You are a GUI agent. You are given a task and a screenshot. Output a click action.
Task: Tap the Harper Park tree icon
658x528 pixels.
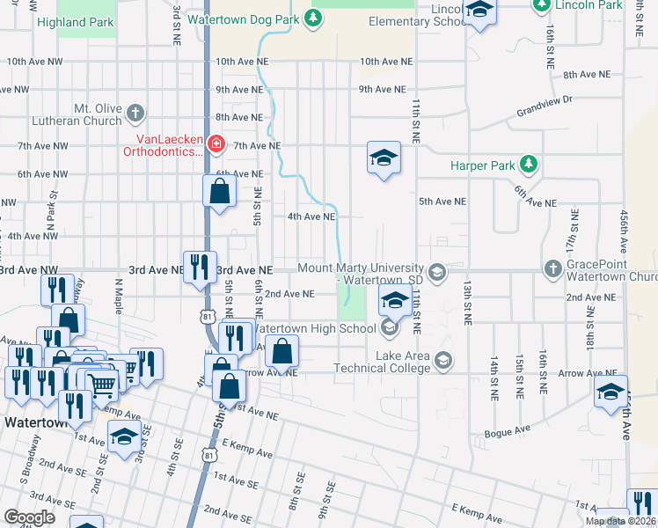click(x=528, y=165)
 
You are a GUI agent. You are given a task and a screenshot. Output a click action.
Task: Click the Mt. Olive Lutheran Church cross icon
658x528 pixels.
click(x=134, y=113)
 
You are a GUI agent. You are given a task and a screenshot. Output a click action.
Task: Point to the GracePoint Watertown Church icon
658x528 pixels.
click(x=552, y=268)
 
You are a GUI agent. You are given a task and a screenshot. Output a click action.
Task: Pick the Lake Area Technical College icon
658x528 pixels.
click(x=443, y=360)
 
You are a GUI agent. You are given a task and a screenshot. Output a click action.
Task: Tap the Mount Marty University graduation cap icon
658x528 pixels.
click(x=436, y=268)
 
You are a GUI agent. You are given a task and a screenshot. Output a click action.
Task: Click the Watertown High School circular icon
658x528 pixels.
click(x=389, y=328)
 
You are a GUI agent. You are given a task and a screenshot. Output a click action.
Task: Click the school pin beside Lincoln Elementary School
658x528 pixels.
click(x=479, y=11)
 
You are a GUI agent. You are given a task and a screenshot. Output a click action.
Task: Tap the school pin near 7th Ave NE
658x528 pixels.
click(x=384, y=158)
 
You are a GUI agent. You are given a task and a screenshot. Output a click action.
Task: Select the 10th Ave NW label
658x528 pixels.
click(x=37, y=62)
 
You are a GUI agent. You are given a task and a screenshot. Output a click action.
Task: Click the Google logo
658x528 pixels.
click(x=30, y=517)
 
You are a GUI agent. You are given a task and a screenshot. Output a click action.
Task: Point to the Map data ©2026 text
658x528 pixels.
click(x=619, y=521)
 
